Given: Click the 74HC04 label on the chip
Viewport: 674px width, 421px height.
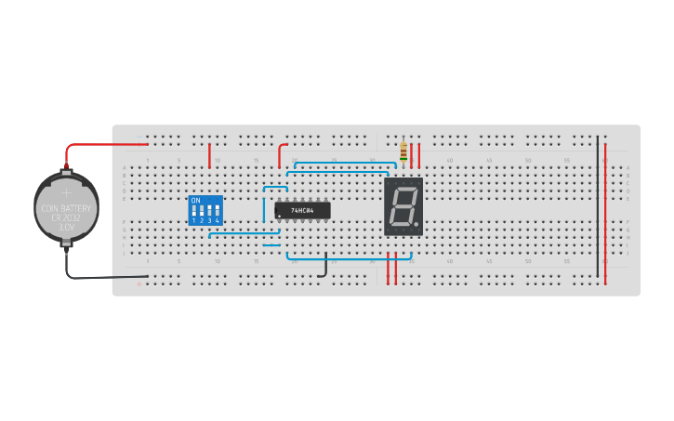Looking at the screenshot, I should (303, 211).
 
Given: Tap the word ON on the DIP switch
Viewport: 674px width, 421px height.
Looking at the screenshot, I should (195, 200).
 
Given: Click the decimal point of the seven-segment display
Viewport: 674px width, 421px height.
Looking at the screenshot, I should (416, 224).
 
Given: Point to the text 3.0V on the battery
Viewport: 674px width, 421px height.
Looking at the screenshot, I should (66, 227).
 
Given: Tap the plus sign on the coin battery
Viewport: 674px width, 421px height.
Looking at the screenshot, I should (66, 193).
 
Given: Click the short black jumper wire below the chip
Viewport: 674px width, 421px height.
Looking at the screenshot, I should (324, 268).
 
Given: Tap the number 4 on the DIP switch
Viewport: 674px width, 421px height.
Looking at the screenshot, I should (218, 221).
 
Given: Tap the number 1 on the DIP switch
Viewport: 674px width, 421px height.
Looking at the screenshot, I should (194, 221).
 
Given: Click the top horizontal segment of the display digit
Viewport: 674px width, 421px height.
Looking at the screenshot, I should (404, 191).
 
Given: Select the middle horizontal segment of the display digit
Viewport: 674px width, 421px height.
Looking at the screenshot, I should (403, 207).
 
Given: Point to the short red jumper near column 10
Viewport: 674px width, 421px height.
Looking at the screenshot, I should (210, 155).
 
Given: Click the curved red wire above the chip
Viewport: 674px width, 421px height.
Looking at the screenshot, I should (282, 154).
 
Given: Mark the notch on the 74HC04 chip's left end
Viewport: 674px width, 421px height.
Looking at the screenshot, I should (277, 211).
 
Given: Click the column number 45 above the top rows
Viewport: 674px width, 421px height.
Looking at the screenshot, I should (488, 161).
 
